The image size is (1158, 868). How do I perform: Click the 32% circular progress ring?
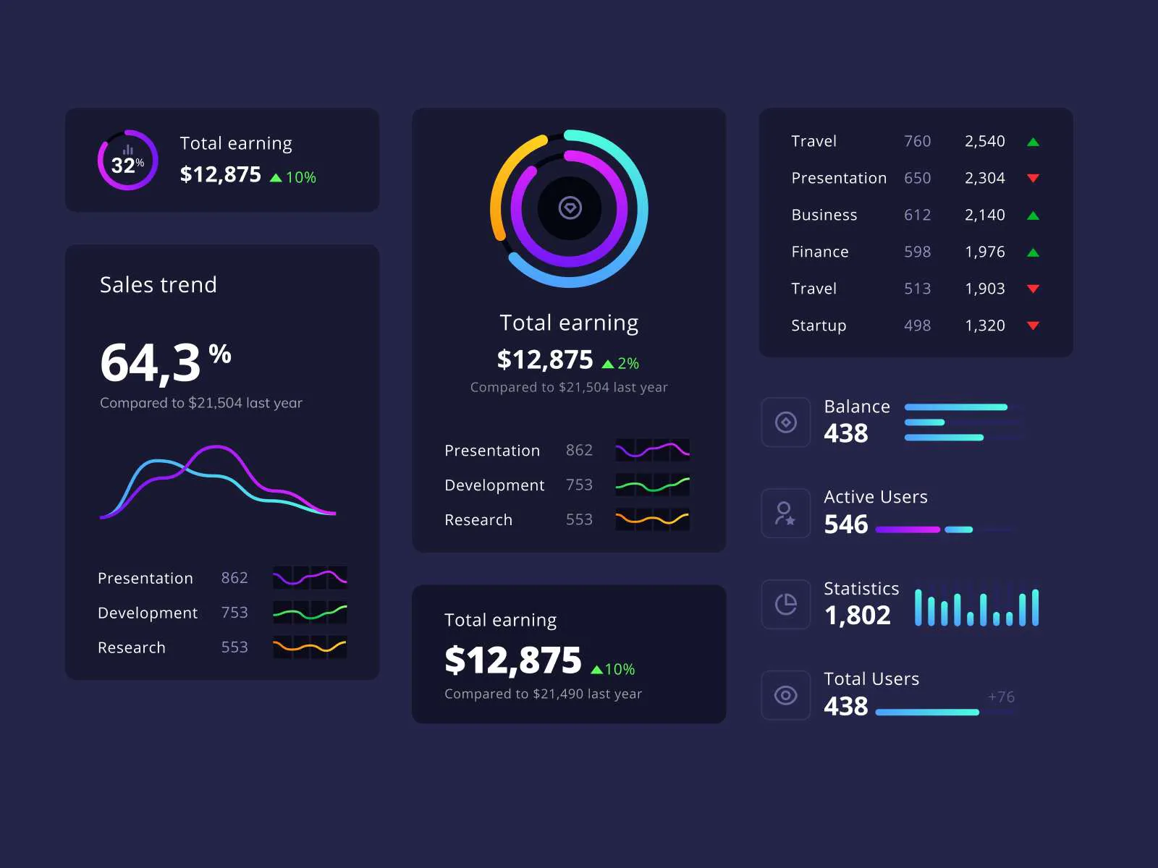click(x=128, y=161)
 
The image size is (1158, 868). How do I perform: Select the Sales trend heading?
click(x=158, y=285)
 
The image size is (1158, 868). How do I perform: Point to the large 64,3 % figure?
click(x=165, y=362)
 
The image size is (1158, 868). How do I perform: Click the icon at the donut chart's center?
click(x=570, y=208)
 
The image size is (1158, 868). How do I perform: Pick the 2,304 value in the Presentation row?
click(x=984, y=178)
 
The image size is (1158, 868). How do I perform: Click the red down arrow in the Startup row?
click(x=1033, y=325)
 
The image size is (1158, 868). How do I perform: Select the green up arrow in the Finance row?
click(x=1033, y=252)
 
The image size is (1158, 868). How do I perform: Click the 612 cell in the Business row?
click(x=917, y=215)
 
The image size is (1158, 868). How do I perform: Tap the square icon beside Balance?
click(x=786, y=422)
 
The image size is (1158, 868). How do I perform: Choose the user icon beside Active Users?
click(x=786, y=514)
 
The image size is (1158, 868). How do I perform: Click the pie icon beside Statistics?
click(x=786, y=604)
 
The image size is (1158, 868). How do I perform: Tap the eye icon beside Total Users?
click(x=786, y=695)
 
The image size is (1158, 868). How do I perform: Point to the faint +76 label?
click(x=1001, y=697)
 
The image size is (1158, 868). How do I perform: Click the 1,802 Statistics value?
click(x=857, y=616)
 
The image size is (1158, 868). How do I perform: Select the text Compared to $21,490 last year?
click(x=543, y=694)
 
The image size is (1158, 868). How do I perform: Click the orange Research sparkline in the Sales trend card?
click(x=310, y=647)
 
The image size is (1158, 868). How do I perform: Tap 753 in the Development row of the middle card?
click(x=579, y=485)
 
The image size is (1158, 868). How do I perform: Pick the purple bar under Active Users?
click(x=908, y=529)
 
